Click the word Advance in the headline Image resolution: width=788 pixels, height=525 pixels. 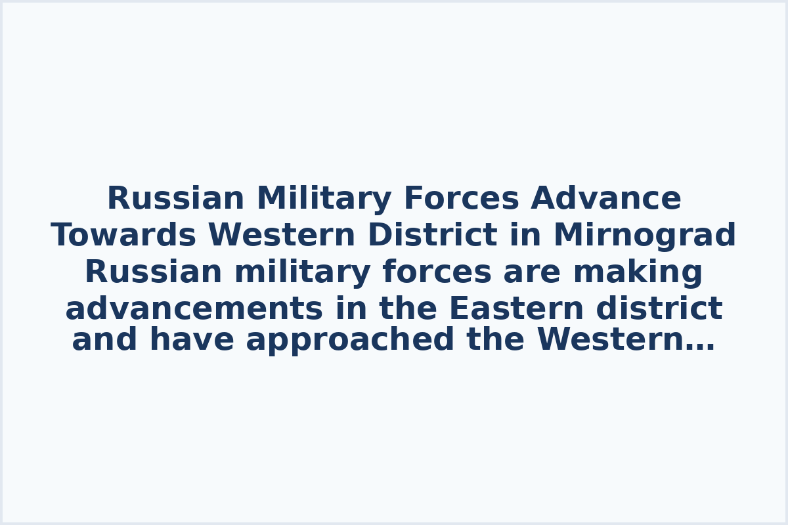pos(605,199)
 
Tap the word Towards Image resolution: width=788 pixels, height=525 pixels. pos(123,236)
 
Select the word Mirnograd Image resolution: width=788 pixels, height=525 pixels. pos(644,236)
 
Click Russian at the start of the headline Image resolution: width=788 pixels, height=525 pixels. pos(175,199)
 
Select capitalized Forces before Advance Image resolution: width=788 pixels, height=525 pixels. pos(461,199)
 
